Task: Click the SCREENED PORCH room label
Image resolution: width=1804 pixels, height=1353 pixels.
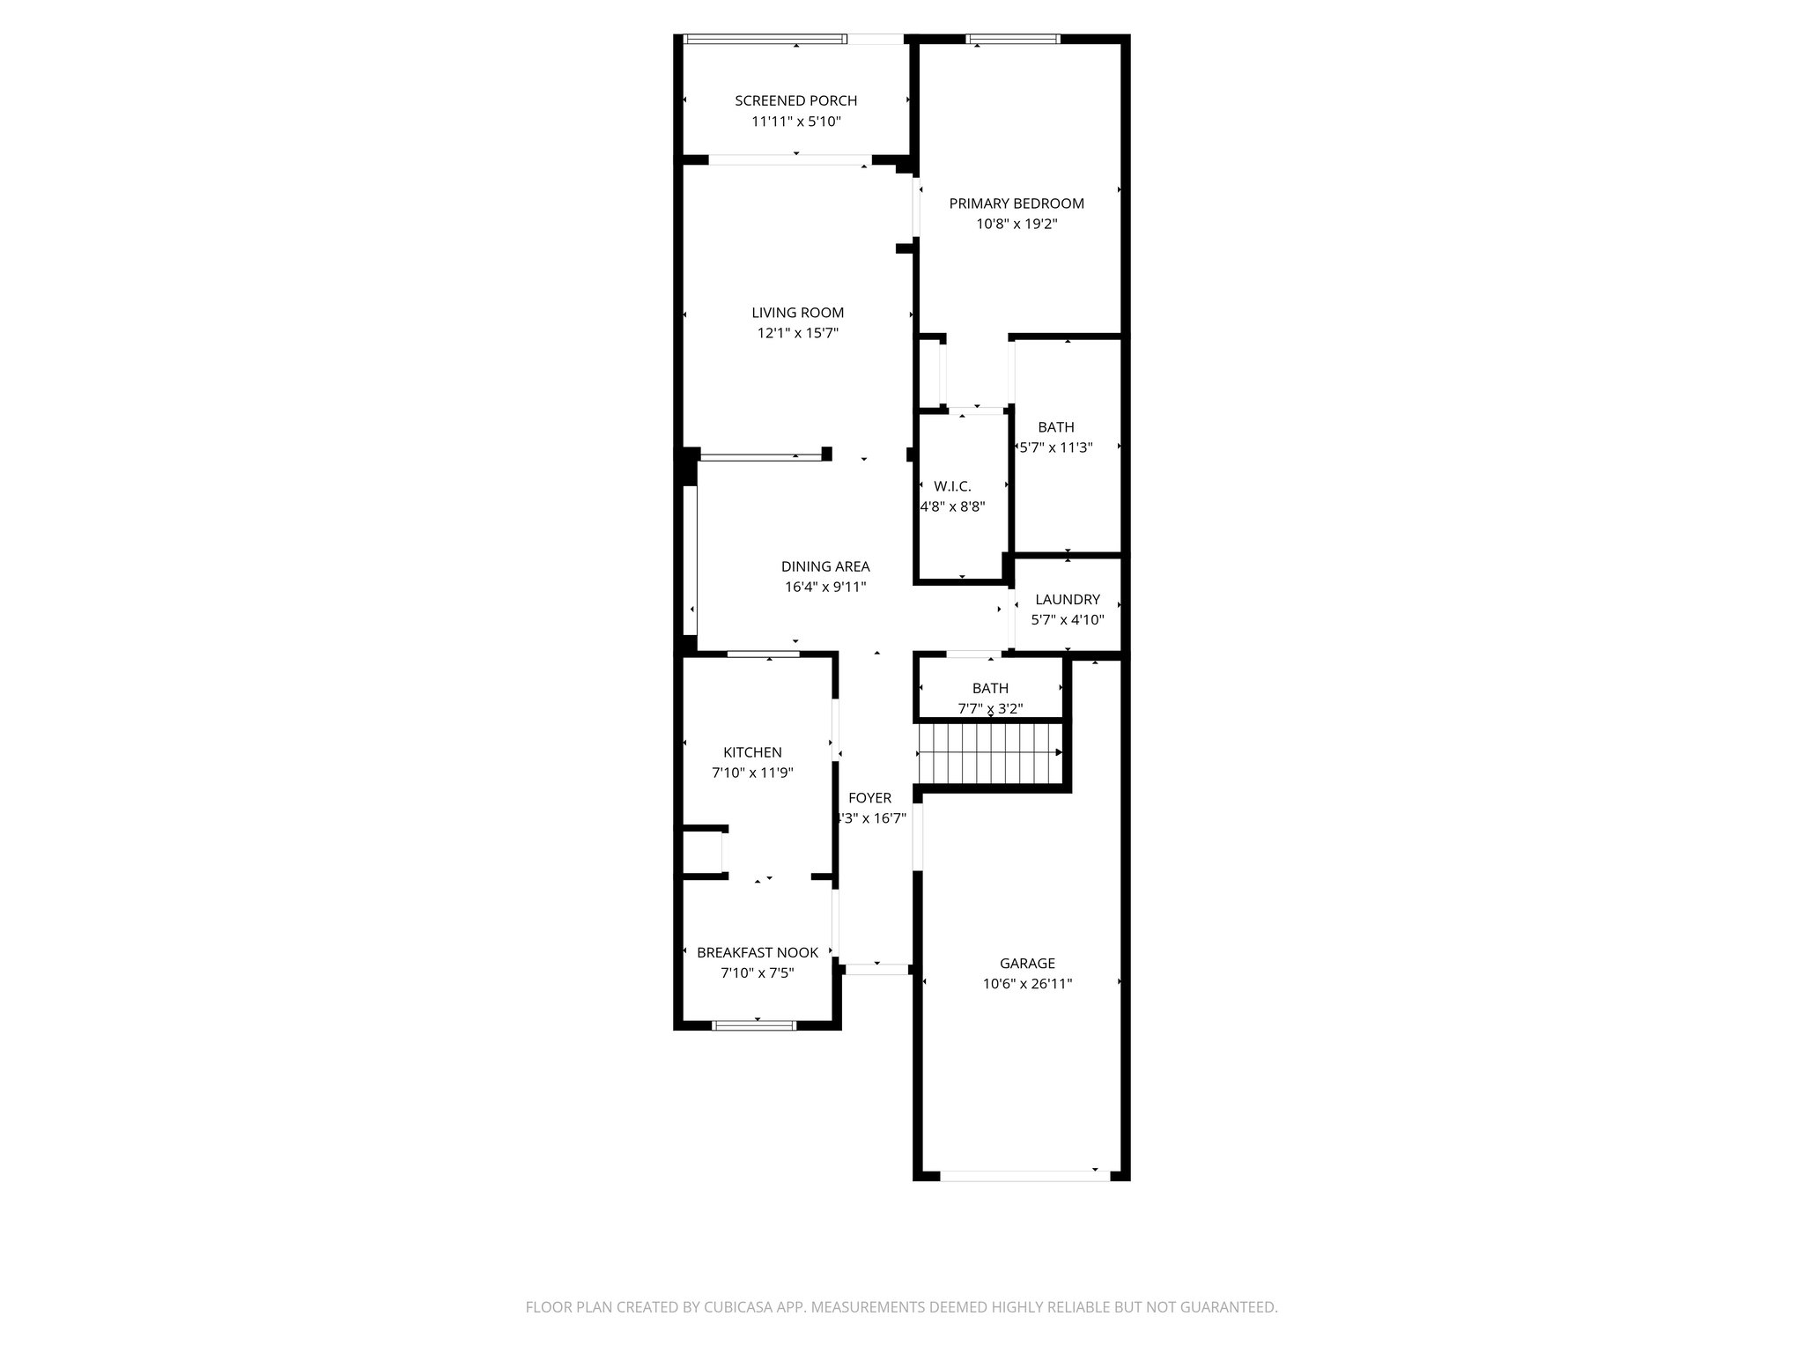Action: click(x=795, y=100)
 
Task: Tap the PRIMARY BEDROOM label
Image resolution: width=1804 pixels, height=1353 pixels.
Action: click(x=1016, y=203)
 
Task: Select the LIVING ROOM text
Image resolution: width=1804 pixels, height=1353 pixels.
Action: click(x=797, y=313)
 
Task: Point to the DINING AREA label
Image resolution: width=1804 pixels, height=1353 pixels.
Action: click(x=824, y=566)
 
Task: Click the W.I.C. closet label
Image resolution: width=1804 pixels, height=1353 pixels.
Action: click(x=952, y=486)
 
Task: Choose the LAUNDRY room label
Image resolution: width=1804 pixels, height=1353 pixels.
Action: click(x=1067, y=600)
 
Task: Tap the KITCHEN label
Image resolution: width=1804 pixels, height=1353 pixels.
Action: click(x=752, y=752)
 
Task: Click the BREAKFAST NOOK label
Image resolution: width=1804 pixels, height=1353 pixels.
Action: click(x=757, y=952)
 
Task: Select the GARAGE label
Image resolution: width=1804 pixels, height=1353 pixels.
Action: click(x=1026, y=964)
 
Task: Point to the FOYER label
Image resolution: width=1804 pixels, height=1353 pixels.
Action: click(x=869, y=798)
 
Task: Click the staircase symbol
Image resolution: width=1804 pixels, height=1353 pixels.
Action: click(x=990, y=753)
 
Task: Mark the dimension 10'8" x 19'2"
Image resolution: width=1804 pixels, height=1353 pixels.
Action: click(x=1016, y=225)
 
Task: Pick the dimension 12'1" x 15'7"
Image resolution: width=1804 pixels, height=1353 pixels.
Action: click(x=797, y=334)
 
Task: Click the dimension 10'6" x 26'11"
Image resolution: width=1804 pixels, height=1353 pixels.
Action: click(x=1026, y=984)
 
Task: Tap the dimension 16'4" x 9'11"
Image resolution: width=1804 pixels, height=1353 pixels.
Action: click(x=824, y=588)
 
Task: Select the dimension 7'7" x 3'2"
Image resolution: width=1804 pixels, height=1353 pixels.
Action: click(x=990, y=709)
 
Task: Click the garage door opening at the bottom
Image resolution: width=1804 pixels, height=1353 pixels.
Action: click(x=1024, y=1175)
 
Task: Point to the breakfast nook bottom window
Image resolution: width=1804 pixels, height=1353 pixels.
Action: click(x=754, y=1024)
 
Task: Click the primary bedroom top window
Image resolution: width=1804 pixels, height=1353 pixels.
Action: click(x=1012, y=39)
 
